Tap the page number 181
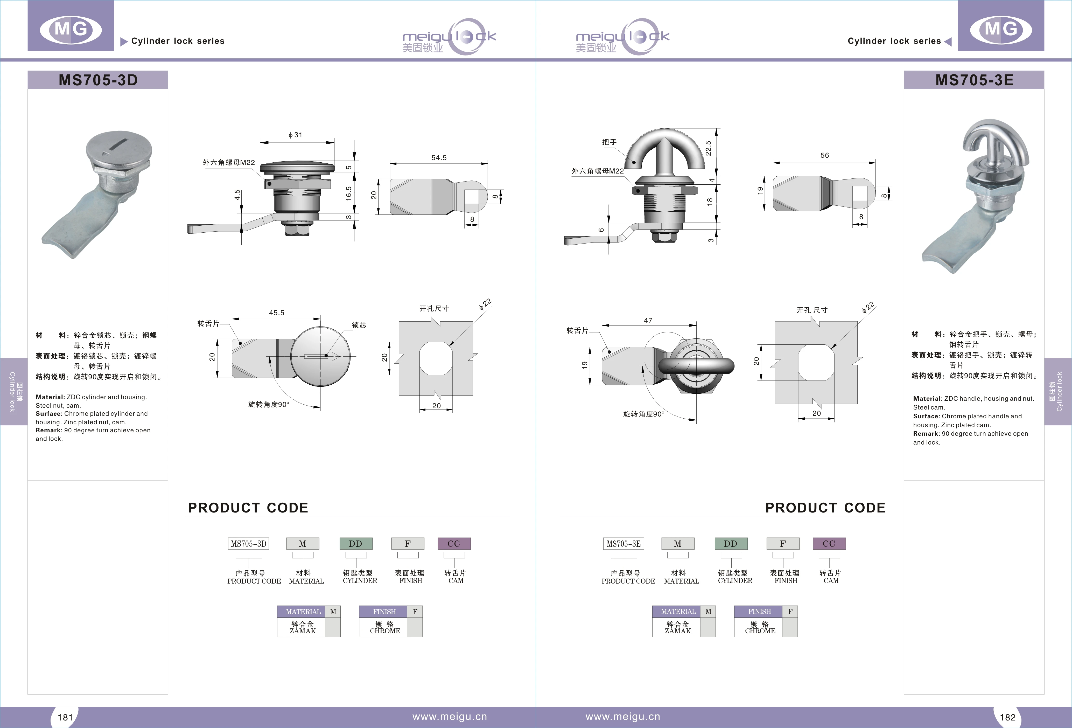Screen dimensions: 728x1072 [x=65, y=717]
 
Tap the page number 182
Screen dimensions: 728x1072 [x=1007, y=717]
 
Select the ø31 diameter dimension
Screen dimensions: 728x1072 [x=295, y=135]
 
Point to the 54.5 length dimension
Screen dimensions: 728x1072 [x=439, y=158]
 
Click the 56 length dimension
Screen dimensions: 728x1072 [x=824, y=155]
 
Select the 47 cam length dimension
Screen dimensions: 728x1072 [x=648, y=320]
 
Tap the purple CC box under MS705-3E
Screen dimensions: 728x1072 [x=829, y=543]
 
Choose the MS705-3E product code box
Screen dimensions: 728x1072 [x=624, y=543]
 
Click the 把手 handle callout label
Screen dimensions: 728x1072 [x=609, y=142]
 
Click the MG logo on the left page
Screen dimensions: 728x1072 [x=71, y=30]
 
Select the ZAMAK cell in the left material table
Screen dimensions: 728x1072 [x=302, y=627]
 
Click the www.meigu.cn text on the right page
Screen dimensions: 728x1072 [x=623, y=717]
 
